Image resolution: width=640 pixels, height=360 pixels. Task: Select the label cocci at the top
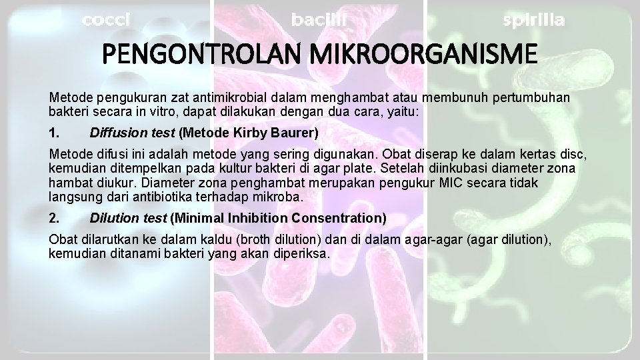click(105, 20)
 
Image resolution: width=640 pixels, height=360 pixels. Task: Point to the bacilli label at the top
click(319, 20)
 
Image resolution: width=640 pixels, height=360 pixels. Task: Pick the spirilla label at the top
click(533, 20)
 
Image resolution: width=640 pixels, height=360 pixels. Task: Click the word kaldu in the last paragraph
click(212, 239)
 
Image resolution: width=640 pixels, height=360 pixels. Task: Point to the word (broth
click(246, 239)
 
